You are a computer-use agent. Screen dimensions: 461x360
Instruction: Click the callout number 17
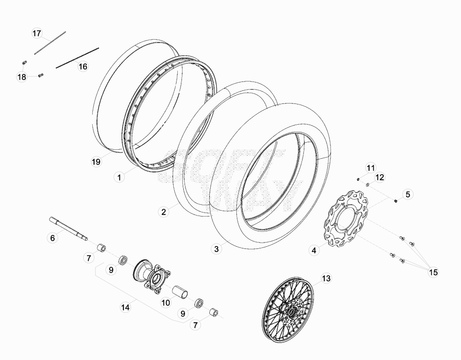[x=37, y=33]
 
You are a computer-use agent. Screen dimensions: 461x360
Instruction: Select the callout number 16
[x=83, y=67]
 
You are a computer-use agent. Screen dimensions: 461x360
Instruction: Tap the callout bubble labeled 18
[x=22, y=77]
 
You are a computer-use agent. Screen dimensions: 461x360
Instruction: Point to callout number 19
[x=96, y=162]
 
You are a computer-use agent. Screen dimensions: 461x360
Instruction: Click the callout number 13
[x=326, y=278]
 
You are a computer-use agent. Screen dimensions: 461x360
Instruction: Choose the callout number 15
[x=434, y=272]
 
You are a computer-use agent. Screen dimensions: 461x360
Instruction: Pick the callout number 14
[x=125, y=307]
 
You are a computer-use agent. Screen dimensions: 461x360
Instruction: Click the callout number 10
[x=166, y=302]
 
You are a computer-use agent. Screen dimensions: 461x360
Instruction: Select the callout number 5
[x=408, y=194]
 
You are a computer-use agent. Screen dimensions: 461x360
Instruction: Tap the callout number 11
[x=371, y=168]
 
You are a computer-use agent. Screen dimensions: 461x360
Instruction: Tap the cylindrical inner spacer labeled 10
[x=180, y=292]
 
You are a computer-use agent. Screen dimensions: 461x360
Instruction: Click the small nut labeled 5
[x=396, y=201]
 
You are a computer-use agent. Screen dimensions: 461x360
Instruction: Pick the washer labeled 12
[x=367, y=185]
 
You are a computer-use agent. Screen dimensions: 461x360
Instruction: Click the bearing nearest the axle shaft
[x=123, y=261]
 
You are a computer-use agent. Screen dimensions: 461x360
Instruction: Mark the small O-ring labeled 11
[x=358, y=179]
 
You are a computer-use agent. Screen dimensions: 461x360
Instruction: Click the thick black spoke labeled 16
[x=77, y=58]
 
